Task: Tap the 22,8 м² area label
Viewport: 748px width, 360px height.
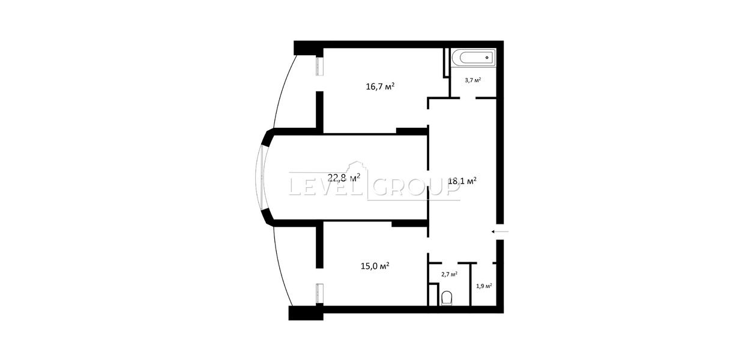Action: coord(343,178)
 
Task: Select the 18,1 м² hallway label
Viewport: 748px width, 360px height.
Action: coord(462,181)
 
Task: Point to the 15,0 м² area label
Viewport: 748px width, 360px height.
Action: coord(375,266)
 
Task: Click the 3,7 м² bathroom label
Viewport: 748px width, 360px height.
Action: coord(473,80)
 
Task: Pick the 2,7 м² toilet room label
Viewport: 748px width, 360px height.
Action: coord(449,274)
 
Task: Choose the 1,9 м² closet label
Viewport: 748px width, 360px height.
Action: coord(484,286)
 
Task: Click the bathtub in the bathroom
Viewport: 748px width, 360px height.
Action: coord(473,58)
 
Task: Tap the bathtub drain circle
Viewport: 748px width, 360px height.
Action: coord(487,58)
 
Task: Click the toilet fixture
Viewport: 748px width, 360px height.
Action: coord(447,298)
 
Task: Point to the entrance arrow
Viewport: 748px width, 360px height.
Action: coord(499,231)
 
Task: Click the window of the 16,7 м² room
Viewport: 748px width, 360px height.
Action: coord(86,67)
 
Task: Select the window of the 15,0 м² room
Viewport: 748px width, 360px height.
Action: coord(86,293)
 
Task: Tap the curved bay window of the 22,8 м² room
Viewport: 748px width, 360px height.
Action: coord(260,178)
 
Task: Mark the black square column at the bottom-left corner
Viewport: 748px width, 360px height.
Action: coord(306,313)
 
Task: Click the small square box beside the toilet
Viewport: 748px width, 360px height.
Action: coord(433,294)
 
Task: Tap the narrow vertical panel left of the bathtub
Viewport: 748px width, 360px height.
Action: coord(446,63)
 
